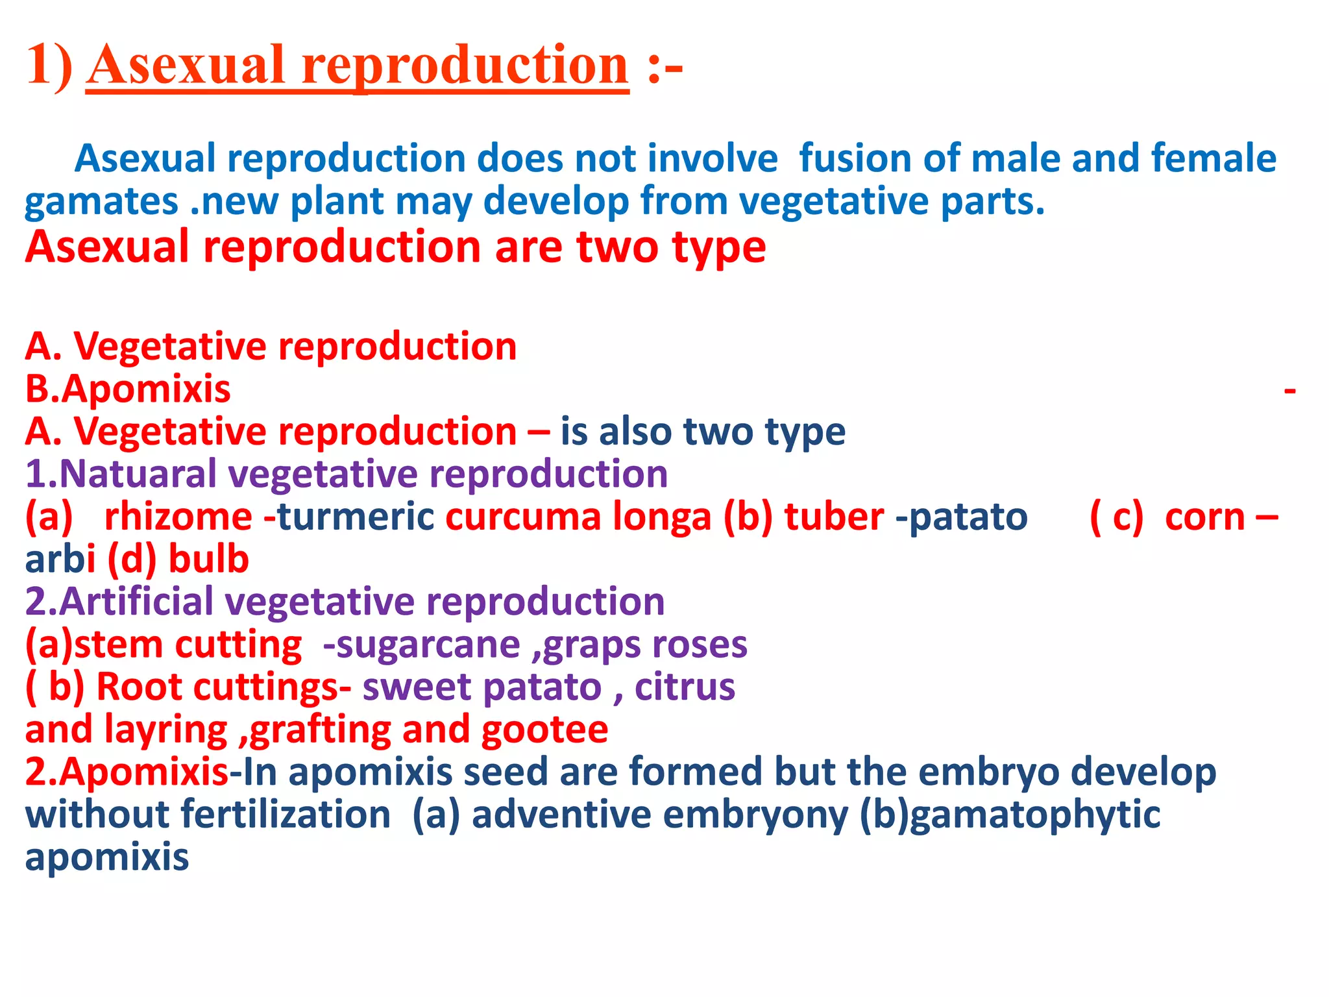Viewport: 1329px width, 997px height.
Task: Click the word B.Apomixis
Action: coord(128,389)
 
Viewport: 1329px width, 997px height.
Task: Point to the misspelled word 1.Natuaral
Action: coord(121,474)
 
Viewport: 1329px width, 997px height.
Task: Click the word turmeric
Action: coord(356,517)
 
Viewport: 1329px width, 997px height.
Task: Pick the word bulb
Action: coord(208,560)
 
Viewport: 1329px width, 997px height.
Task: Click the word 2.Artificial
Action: coord(119,602)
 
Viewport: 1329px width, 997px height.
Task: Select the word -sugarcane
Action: coord(422,645)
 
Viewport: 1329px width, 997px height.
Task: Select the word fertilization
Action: coord(286,815)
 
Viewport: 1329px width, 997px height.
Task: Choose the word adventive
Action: coord(561,815)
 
